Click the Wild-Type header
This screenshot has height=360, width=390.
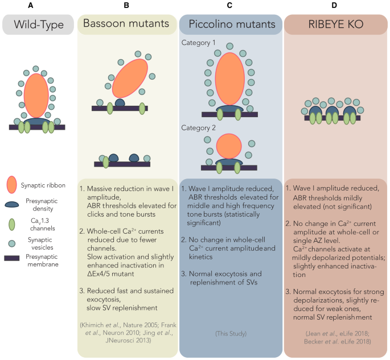pyautogui.click(x=38, y=24)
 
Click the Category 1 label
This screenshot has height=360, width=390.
pyautogui.click(x=199, y=43)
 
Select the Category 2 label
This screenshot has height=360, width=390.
pyautogui.click(x=199, y=128)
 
